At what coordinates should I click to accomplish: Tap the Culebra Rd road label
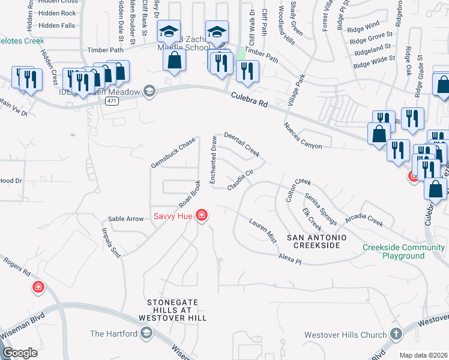tap(246, 100)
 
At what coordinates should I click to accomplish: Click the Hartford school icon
tap(146, 333)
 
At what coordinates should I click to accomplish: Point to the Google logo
tap(20, 353)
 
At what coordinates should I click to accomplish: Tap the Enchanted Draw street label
tap(213, 160)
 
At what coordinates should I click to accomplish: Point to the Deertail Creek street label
tap(242, 145)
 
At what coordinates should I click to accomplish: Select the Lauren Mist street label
tap(263, 230)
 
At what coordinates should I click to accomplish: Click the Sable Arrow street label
tap(125, 219)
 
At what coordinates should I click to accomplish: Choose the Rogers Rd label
tap(17, 268)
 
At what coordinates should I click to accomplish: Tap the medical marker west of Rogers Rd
tap(38, 287)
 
